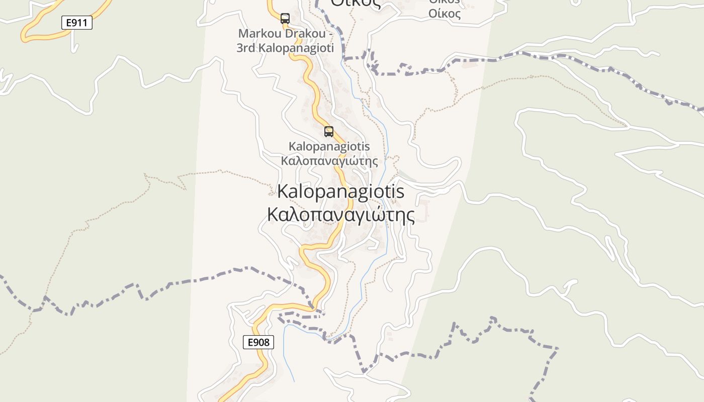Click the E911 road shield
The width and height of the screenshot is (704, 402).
click(77, 23)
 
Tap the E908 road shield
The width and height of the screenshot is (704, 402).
click(258, 343)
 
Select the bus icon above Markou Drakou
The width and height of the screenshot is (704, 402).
click(285, 19)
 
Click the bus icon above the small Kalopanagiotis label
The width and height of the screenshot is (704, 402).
click(329, 132)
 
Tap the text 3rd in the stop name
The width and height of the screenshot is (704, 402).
click(247, 48)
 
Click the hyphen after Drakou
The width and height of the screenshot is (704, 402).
click(331, 34)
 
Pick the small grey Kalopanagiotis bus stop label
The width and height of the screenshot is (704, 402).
click(329, 146)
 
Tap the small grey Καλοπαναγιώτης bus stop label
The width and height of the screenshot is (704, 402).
click(329, 161)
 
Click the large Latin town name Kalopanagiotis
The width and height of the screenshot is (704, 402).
click(341, 191)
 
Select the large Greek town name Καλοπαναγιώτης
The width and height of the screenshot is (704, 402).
click(341, 215)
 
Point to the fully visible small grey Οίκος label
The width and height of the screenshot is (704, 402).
click(445, 14)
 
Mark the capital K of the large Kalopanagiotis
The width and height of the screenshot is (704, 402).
click(283, 191)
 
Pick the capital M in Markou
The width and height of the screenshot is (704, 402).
click(243, 34)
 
